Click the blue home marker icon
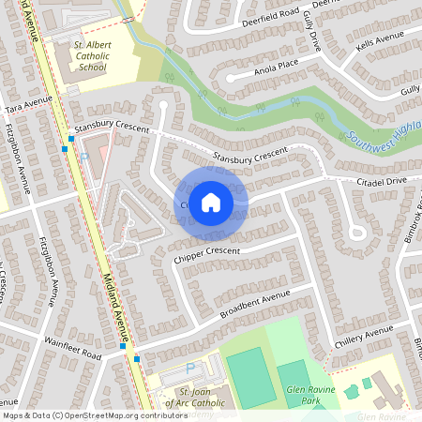pyautogui.click(x=211, y=201)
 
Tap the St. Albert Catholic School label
pyautogui.click(x=93, y=55)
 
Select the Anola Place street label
pyautogui.click(x=274, y=67)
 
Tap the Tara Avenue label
pyautogui.click(x=27, y=105)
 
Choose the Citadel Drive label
pyautogui.click(x=382, y=179)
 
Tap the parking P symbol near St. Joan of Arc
pyautogui.click(x=190, y=369)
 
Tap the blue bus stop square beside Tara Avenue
pyautogui.click(x=71, y=138)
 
